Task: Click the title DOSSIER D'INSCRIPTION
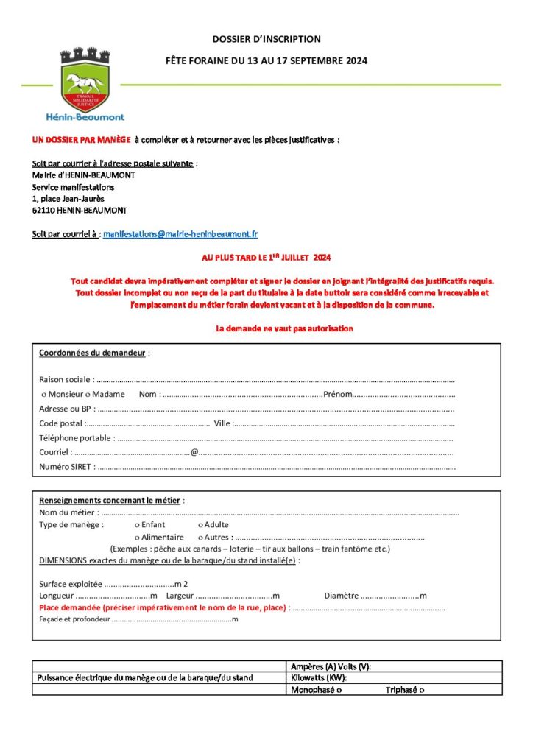click(266, 39)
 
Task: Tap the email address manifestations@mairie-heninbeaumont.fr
click(180, 234)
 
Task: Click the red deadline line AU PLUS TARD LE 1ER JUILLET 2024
click(266, 258)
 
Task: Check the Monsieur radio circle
click(43, 395)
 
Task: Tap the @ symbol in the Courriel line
click(194, 452)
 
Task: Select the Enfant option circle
click(137, 525)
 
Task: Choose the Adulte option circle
click(200, 525)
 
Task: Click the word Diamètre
click(341, 596)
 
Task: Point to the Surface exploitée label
click(71, 584)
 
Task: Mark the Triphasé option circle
click(422, 691)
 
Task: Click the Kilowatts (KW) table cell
click(395, 678)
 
